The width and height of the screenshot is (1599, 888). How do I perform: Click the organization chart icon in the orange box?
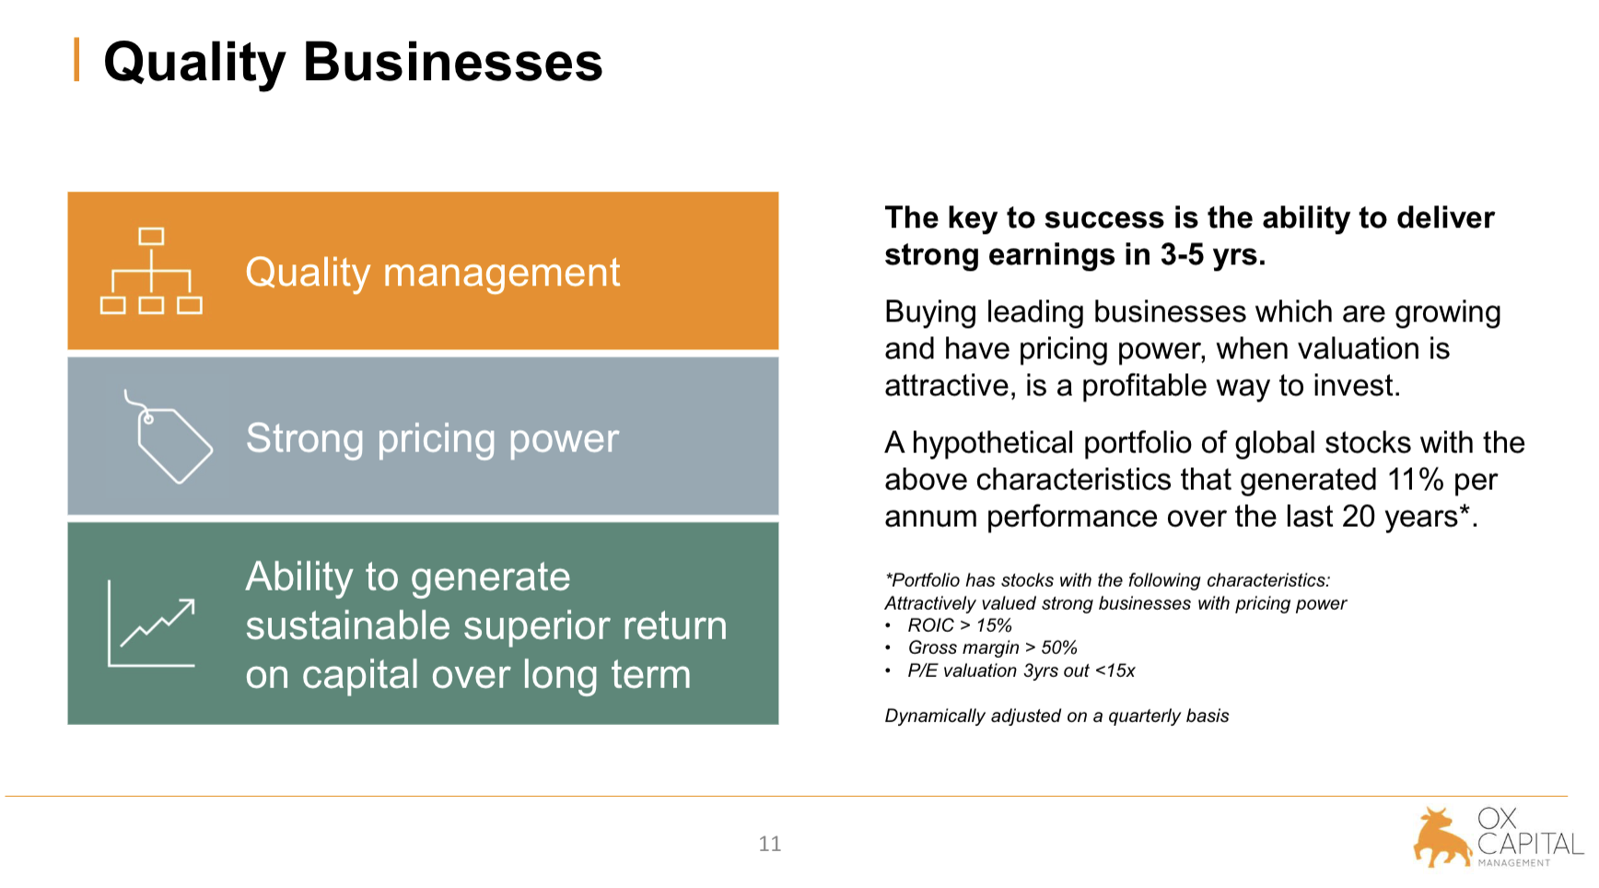point(151,271)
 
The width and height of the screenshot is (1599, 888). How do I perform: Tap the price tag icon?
point(169,437)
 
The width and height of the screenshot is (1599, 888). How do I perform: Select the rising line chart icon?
point(152,623)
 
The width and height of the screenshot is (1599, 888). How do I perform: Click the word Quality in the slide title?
point(194,64)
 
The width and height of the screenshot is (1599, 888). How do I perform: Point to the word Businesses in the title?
point(453,62)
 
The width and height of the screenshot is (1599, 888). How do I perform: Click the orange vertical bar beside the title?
point(76,60)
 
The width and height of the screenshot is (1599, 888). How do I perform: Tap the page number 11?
point(770,844)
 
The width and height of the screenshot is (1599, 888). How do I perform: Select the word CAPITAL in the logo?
point(1530,844)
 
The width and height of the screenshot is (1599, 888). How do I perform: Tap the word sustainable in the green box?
point(347,625)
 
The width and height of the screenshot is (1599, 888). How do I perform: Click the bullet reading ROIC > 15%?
point(960,625)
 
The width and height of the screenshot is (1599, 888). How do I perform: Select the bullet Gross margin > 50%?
point(993,648)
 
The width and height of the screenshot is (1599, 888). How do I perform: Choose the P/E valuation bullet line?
point(1021,671)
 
